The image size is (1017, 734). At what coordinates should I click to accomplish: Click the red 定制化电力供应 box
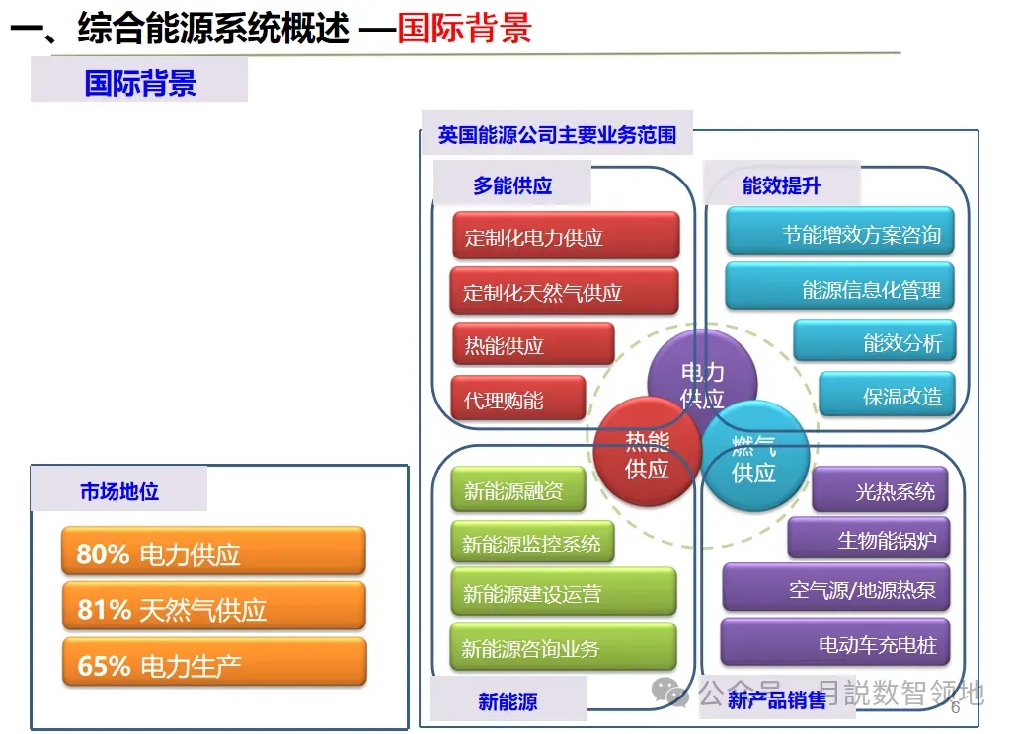pyautogui.click(x=566, y=237)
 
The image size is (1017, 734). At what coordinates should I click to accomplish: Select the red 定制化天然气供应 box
pyautogui.click(x=565, y=292)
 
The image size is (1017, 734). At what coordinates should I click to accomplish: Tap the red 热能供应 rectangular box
pyautogui.click(x=533, y=345)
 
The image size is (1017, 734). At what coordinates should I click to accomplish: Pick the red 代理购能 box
pyautogui.click(x=518, y=400)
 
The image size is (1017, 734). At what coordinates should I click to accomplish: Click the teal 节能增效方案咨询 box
pyautogui.click(x=840, y=235)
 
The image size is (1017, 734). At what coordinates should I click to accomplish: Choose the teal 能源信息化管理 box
pyautogui.click(x=840, y=289)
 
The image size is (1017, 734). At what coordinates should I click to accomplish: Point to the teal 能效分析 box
pyautogui.click(x=875, y=342)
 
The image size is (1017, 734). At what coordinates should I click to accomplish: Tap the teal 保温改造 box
pyautogui.click(x=888, y=396)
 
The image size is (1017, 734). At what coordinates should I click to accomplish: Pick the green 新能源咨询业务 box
pyautogui.click(x=564, y=648)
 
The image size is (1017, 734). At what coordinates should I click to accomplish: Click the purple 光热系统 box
pyautogui.click(x=881, y=490)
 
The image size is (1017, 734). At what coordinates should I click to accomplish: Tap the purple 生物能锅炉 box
pyautogui.click(x=869, y=540)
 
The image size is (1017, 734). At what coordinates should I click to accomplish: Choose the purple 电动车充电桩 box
pyautogui.click(x=835, y=644)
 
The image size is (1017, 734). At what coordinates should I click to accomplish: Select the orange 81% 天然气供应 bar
pyautogui.click(x=213, y=609)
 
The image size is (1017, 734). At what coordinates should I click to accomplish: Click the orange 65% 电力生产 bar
pyautogui.click(x=213, y=664)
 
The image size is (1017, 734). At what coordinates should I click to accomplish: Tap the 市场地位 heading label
pyautogui.click(x=119, y=490)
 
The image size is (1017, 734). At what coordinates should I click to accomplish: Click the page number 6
pyautogui.click(x=955, y=708)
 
